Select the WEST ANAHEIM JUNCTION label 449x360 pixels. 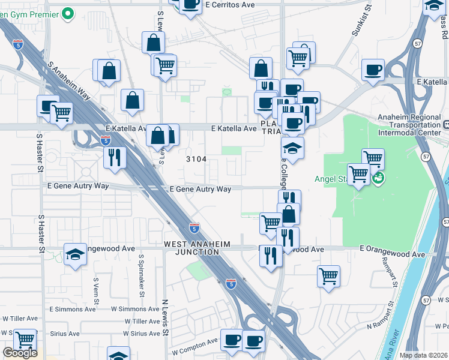191,248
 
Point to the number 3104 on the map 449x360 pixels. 196,159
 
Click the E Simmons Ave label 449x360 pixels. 73,310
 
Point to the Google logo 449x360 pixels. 20,353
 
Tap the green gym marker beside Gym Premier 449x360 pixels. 68,12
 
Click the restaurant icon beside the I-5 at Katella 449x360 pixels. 114,157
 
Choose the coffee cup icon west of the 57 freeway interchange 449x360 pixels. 373,70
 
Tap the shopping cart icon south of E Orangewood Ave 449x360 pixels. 328,277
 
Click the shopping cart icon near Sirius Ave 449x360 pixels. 25,340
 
